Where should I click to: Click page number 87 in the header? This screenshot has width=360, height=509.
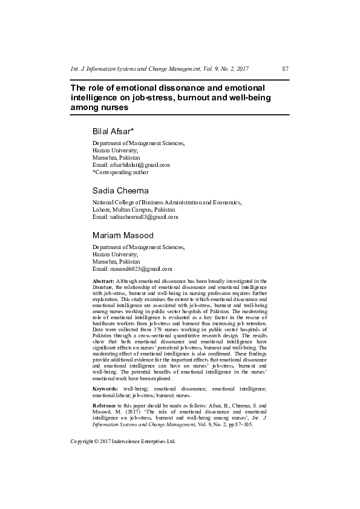coord(285,70)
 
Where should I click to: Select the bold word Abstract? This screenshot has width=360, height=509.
coord(103,281)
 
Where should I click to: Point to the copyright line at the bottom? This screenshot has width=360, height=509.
coord(123,424)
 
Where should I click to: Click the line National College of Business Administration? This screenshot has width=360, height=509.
coord(166,203)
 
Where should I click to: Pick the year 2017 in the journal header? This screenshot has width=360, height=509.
coord(241,70)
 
